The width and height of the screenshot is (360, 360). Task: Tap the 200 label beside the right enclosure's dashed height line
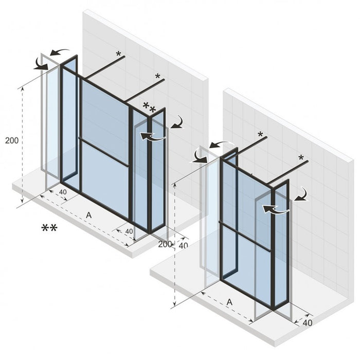tap(165, 244)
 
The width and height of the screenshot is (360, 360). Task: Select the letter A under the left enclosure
tap(89, 216)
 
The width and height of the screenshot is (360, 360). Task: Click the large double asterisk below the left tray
tap(49, 228)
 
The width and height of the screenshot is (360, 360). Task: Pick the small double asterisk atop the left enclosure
tap(149, 107)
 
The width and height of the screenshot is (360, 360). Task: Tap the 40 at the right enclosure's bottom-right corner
tap(308, 323)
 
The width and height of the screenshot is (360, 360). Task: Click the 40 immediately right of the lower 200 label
tap(183, 245)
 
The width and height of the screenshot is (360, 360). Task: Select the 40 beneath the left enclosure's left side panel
tap(63, 192)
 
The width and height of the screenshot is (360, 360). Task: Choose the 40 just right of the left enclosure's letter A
tap(129, 231)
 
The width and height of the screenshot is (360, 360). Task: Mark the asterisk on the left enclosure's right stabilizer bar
tap(157, 77)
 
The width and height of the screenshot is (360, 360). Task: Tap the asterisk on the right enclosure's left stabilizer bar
tap(260, 135)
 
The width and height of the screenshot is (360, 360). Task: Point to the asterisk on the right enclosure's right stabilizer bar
tap(301, 158)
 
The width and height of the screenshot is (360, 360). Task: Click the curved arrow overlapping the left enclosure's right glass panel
tap(153, 137)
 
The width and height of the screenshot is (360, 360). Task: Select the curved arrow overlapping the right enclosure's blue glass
tap(274, 209)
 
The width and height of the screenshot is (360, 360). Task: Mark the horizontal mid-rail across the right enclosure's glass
tap(245, 237)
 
